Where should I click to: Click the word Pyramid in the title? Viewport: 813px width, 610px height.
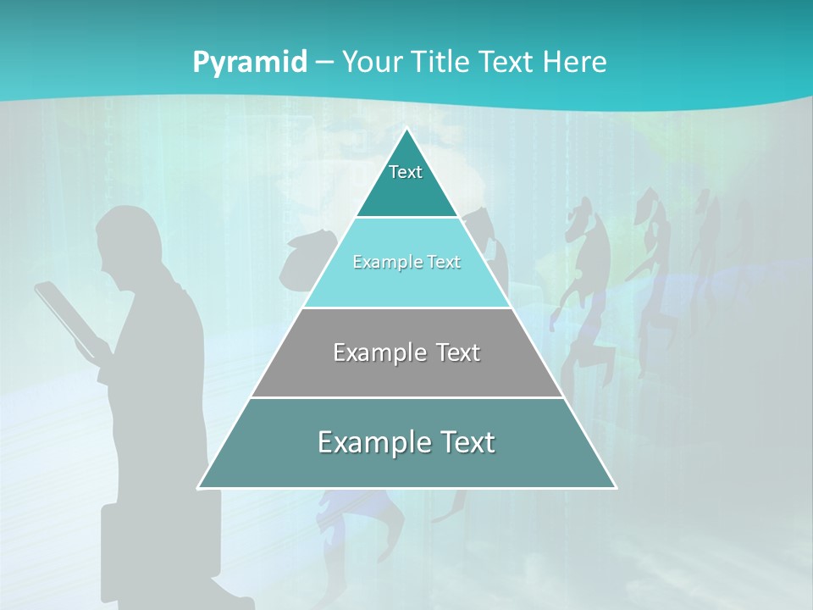(249, 63)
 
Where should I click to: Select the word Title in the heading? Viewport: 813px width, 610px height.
(441, 63)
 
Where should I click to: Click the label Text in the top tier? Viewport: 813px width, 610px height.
(406, 173)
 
